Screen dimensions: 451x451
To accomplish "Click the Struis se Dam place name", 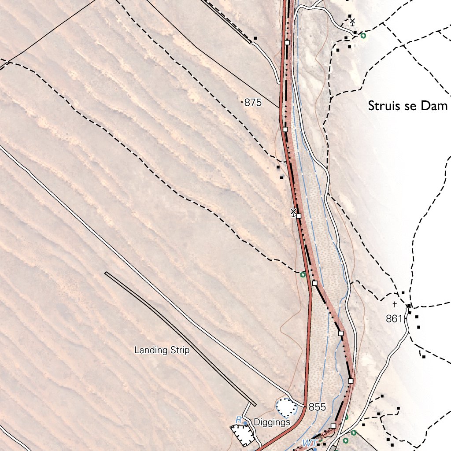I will coord(407,106).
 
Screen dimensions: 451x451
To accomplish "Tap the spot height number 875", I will coord(253,103).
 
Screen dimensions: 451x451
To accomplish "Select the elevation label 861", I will coord(394,319).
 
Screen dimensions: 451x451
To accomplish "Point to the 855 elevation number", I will coord(317,407).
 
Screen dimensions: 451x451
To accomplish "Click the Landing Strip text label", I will coord(162,351).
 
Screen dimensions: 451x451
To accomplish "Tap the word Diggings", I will coord(272,422).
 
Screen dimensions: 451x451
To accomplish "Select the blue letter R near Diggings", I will coord(238,420).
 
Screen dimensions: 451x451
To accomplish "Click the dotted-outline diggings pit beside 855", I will coord(286,407).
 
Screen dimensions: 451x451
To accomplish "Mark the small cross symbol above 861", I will coord(395,304).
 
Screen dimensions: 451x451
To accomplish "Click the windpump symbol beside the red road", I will coord(293,213).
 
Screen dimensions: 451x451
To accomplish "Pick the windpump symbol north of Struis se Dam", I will coord(352,22).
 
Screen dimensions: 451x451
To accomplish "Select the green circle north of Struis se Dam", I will coord(363,35).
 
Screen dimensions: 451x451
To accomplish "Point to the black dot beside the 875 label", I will coord(243,102).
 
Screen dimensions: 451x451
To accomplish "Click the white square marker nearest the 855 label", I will coord(333,426).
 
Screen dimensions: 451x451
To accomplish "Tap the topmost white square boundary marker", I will coord(287,42).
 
